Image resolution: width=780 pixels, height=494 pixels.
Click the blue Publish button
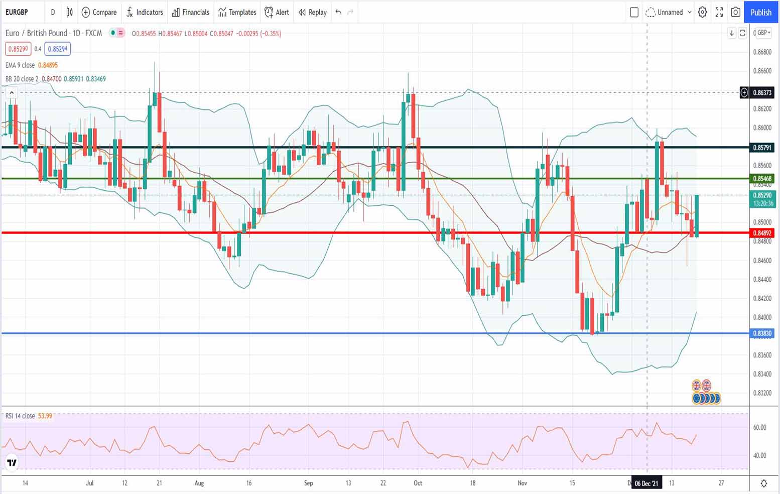[760, 13]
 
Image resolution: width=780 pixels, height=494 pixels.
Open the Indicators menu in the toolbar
[145, 13]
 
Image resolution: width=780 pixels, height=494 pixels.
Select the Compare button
[99, 13]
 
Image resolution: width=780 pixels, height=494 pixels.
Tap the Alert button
[277, 13]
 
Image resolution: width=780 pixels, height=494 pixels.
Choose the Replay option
[313, 13]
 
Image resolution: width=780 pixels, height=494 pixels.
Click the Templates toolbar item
[237, 13]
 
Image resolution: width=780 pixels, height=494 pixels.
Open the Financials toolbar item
[191, 13]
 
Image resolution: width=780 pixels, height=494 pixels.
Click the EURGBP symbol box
[17, 13]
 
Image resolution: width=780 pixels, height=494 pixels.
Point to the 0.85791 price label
[762, 148]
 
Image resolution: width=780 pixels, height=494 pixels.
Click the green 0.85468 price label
[762, 179]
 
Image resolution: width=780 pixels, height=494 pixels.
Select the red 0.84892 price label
[762, 233]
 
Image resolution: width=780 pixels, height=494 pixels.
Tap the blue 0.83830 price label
[762, 333]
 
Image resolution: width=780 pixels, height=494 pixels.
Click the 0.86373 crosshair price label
[762, 92]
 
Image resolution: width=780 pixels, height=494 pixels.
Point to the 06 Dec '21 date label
[646, 483]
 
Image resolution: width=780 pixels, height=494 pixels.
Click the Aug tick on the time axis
[199, 483]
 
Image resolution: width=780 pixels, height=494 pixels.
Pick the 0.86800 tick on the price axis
[762, 52]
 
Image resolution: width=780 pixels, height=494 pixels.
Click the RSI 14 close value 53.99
[45, 416]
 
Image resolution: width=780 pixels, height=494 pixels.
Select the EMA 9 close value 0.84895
[48, 65]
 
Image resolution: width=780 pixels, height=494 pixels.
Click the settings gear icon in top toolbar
[702, 13]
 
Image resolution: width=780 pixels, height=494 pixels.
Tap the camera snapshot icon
[735, 13]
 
